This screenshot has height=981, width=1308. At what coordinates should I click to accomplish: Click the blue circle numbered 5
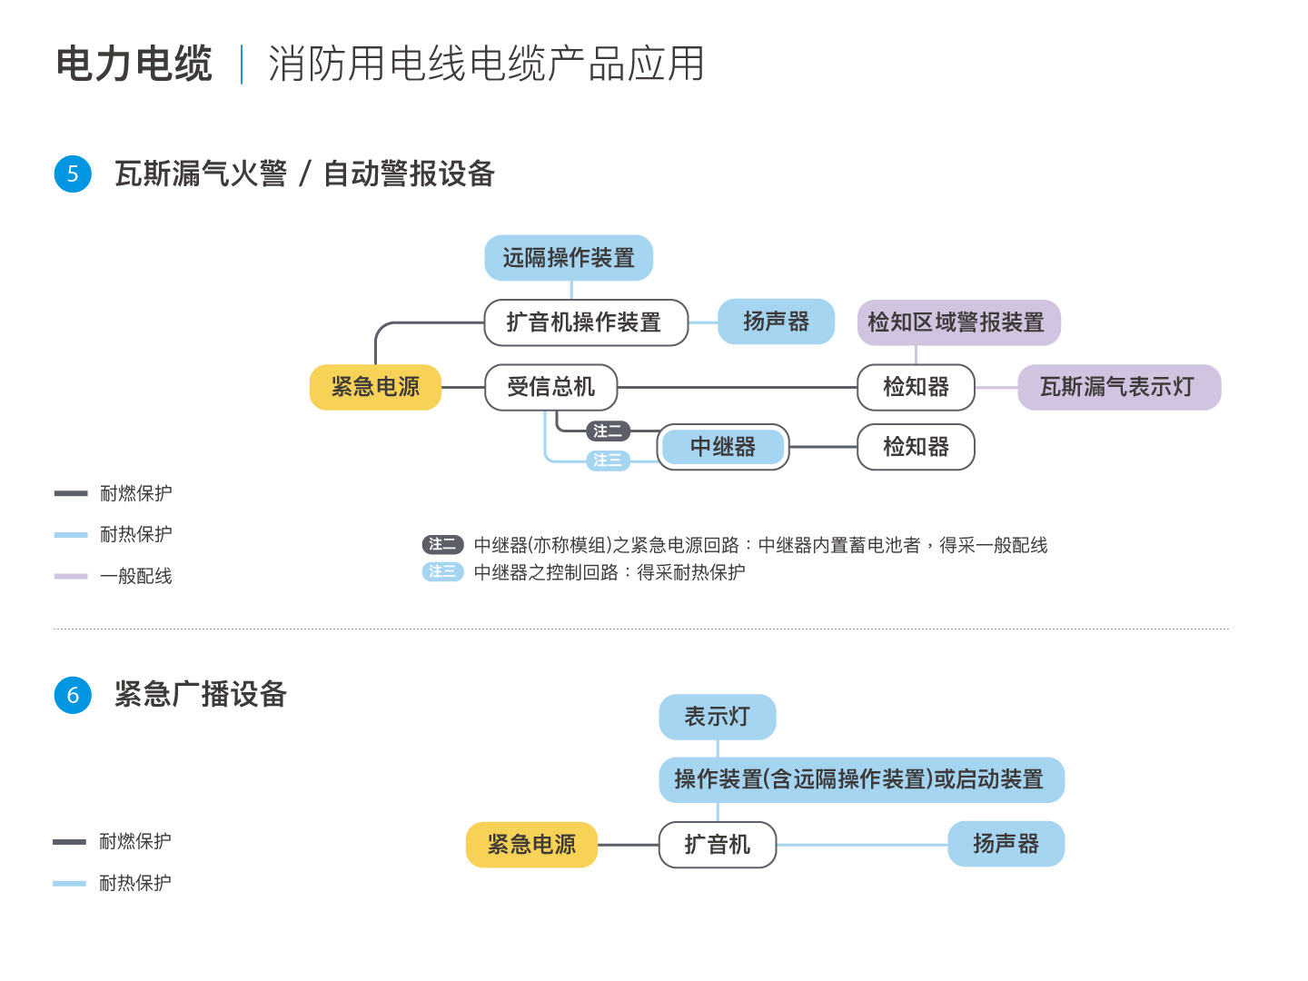point(73,173)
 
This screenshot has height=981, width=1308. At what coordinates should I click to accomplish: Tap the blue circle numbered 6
point(73,695)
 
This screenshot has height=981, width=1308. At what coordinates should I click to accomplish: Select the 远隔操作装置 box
point(569,258)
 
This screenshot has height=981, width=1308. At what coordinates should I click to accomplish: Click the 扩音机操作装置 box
point(586,322)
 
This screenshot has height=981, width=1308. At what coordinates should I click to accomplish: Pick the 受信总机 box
point(550,387)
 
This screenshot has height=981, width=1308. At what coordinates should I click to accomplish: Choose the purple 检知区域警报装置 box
point(959,322)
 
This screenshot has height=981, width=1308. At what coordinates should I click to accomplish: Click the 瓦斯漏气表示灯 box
point(1119,387)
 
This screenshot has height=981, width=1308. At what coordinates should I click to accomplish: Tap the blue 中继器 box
point(723,447)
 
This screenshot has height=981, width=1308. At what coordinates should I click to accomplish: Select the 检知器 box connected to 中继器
point(916,447)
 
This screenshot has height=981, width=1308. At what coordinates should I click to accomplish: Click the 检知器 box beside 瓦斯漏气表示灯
point(916,387)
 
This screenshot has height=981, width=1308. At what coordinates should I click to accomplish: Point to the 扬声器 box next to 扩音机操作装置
point(776,322)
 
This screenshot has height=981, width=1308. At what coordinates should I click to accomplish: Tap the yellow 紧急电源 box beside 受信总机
point(375,387)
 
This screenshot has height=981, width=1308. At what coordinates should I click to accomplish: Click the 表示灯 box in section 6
point(718,718)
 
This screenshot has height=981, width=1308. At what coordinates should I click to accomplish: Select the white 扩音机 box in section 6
point(718,845)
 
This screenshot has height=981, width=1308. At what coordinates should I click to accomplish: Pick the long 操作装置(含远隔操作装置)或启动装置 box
point(862,779)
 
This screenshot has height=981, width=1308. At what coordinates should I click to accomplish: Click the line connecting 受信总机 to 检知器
point(738,387)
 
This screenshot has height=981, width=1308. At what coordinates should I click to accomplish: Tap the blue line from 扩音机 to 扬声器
point(862,845)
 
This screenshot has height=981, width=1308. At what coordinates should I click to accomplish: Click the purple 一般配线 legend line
point(71,576)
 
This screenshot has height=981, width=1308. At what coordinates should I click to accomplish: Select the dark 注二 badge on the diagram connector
point(608,431)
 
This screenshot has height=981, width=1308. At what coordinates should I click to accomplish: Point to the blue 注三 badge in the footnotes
point(442,571)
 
